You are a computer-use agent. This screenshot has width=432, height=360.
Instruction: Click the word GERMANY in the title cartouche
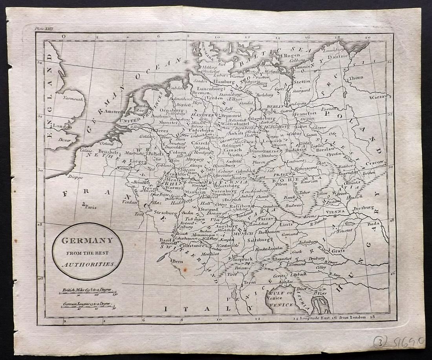point(87,241)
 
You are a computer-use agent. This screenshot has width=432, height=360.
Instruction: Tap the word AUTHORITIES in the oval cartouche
point(88,264)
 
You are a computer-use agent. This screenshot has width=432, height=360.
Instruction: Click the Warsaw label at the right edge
point(378,96)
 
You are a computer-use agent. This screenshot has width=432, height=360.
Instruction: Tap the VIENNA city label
point(335,211)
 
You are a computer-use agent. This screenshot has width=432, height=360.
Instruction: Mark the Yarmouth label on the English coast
point(73,99)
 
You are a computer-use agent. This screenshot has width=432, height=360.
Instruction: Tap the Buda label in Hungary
point(372,224)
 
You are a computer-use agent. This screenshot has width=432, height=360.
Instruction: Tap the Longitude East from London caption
point(332,317)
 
